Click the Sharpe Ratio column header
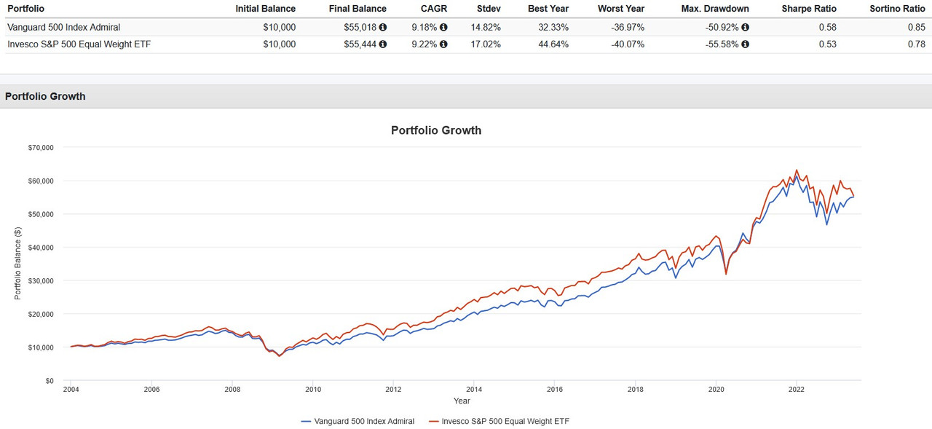809,9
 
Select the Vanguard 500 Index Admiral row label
63,28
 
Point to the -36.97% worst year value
627,28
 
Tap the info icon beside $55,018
383,28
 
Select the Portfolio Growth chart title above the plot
436,130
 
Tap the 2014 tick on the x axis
473,390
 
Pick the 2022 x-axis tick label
796,390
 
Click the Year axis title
462,401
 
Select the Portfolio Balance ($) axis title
17,264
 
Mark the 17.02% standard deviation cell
486,44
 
